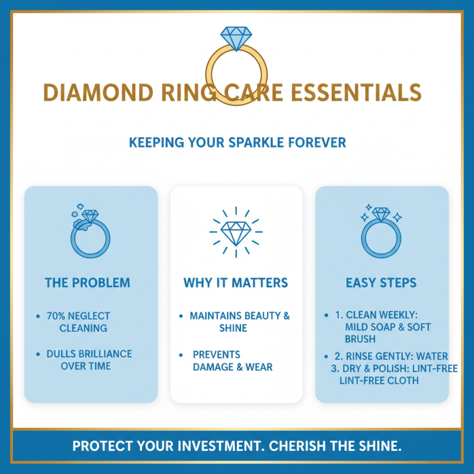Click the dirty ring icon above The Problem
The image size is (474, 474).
[90, 232]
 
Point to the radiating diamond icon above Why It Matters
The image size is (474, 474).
[236, 232]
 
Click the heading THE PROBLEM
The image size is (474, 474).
[87, 283]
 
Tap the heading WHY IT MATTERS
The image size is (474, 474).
[236, 283]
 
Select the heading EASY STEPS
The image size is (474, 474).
[381, 283]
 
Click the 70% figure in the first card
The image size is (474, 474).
[57, 316]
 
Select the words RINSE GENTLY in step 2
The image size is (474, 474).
[381, 357]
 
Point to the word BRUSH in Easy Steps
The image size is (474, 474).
[361, 339]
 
